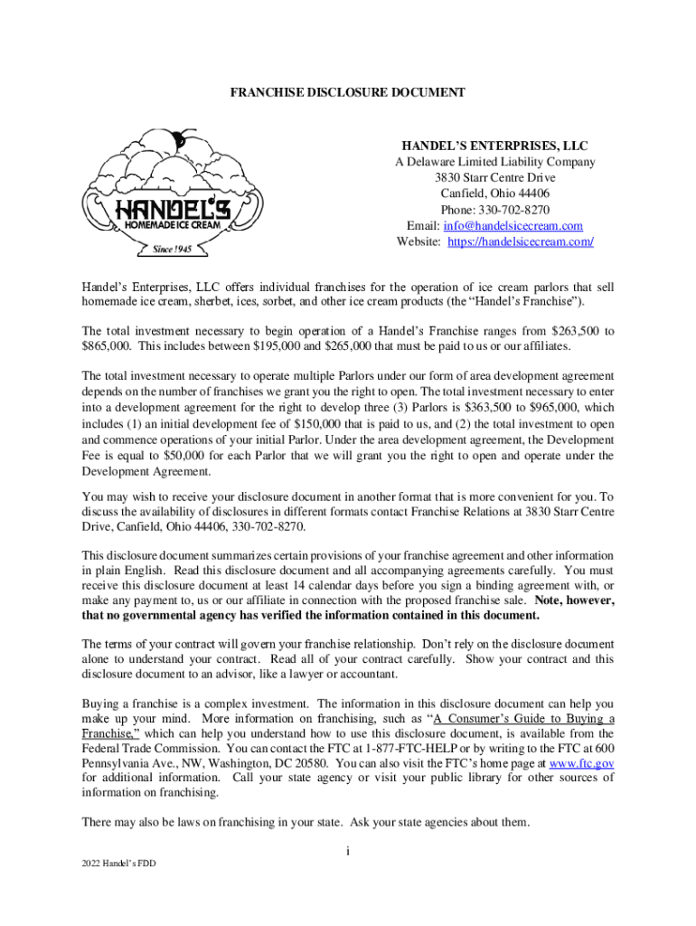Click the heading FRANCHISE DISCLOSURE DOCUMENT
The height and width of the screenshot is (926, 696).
tap(347, 92)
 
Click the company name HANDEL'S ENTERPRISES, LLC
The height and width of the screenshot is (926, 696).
tap(494, 146)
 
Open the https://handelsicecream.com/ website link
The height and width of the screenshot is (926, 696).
tap(522, 242)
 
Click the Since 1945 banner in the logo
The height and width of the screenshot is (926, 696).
tap(172, 250)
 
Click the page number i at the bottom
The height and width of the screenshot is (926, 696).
tap(348, 851)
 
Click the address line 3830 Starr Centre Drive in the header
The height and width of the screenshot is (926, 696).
tap(494, 178)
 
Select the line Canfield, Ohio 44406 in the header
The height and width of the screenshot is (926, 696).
tap(494, 194)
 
